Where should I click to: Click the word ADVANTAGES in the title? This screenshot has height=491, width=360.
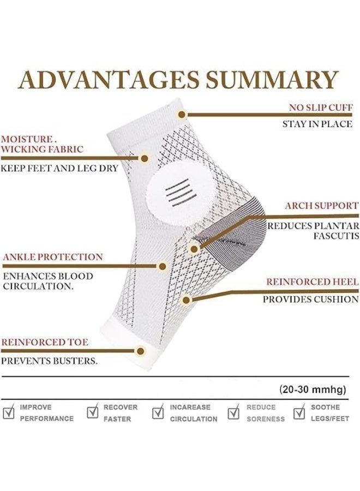109,80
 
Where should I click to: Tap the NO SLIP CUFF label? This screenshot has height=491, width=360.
321,107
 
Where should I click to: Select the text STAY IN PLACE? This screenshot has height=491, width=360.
317,124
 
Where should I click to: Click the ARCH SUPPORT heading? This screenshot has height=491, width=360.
322,206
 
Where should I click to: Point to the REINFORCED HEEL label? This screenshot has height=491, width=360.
313,282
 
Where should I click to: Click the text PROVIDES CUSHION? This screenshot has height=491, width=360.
310,300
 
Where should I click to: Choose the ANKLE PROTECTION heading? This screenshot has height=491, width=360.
53,257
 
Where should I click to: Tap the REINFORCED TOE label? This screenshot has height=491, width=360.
44,342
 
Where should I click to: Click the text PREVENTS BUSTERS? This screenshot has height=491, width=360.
49,361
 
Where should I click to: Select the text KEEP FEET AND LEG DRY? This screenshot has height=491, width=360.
59,168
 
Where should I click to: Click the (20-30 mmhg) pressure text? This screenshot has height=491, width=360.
313,390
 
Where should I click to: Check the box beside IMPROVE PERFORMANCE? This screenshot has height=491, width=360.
8,412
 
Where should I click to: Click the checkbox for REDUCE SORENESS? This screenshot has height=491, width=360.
233,412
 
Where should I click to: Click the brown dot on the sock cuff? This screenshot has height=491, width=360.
182,115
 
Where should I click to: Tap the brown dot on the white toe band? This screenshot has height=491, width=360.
141,351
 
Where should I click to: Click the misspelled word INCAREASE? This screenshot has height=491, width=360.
190,408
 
